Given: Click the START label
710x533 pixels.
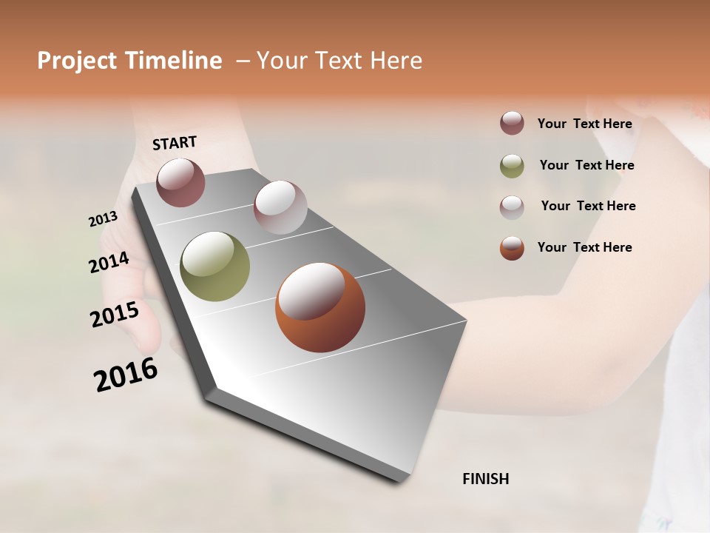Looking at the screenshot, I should click(x=175, y=143).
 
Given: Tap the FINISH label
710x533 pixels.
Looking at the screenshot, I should click(x=485, y=479).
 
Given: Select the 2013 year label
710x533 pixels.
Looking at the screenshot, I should click(x=103, y=219).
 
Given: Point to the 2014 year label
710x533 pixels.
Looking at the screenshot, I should click(x=109, y=262).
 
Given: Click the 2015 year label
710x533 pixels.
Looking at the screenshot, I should click(x=115, y=315).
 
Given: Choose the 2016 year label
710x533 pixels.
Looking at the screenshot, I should click(x=126, y=375).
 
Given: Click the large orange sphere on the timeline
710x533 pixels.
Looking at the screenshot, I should click(x=320, y=307).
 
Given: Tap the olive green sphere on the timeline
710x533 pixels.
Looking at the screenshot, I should click(x=214, y=266).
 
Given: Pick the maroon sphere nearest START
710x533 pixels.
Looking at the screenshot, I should click(x=180, y=182).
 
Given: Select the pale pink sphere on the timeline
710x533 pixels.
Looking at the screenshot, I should click(x=280, y=207).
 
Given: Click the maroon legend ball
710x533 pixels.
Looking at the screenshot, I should click(x=512, y=124).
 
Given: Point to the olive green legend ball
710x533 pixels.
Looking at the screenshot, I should click(x=512, y=166).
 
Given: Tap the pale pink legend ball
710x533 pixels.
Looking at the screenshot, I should click(x=512, y=207).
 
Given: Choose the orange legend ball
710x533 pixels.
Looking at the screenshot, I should click(x=512, y=248).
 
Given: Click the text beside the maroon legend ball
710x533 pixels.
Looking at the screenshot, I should click(x=584, y=124).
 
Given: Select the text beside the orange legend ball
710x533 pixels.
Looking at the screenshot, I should click(x=584, y=247).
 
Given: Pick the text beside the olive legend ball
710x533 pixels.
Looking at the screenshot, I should click(x=586, y=165).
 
